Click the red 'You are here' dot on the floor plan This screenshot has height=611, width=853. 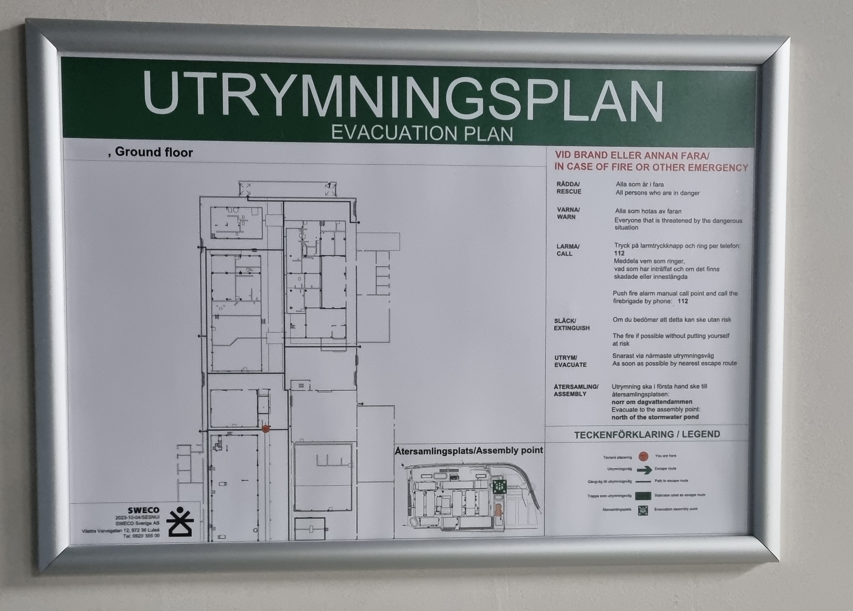266,428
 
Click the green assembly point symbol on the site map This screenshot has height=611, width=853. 499,487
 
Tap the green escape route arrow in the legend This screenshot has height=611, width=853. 644,470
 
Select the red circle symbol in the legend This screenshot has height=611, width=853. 644,456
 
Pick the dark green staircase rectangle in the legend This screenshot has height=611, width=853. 643,496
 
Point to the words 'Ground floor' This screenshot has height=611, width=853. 154,152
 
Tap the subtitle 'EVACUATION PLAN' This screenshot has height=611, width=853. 422,134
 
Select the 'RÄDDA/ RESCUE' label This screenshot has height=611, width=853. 569,188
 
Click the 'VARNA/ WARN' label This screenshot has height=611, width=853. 568,213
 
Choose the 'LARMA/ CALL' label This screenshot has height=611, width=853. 567,250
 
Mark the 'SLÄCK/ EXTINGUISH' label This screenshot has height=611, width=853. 571,325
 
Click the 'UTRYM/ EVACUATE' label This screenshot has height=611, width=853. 570,361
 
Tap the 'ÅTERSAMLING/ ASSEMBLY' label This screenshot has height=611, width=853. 575,390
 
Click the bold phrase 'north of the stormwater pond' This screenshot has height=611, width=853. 655,417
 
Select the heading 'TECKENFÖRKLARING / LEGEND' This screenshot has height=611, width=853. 647,435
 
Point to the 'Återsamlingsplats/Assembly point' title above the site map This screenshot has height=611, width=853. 469,450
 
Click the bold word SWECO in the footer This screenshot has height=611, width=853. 143,510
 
